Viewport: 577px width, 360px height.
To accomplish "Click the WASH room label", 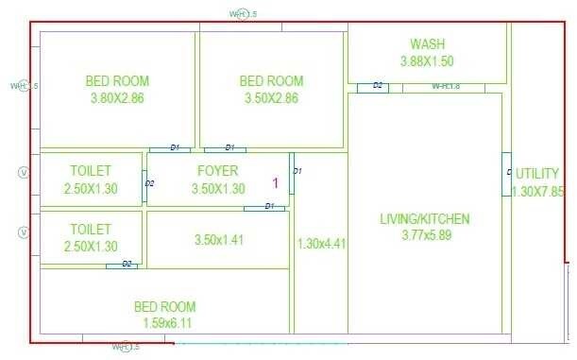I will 427,44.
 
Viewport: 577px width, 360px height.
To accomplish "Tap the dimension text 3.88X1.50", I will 427,61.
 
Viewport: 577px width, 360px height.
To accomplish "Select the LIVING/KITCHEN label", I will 424,219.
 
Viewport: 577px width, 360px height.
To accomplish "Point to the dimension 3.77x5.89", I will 424,235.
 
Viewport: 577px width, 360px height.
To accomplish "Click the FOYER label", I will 218,170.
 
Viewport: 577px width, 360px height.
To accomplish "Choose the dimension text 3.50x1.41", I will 218,240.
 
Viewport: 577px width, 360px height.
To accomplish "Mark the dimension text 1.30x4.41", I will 321,244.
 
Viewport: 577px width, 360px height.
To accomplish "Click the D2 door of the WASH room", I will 373,87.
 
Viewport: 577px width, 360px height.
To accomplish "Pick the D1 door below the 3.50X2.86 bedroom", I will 225,148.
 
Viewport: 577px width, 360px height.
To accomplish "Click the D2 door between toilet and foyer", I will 146,182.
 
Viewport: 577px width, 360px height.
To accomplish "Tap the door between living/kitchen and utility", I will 506,174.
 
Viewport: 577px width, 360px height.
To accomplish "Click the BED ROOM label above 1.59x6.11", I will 164,306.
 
